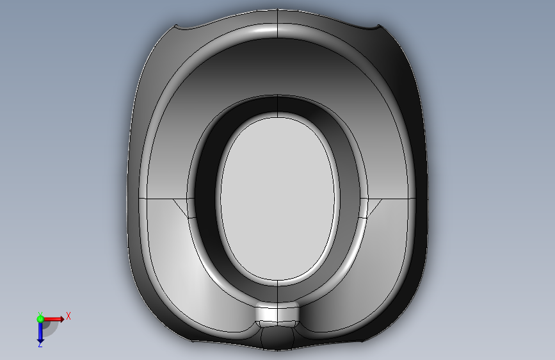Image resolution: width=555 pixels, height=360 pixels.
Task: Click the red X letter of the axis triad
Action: pos(68,316)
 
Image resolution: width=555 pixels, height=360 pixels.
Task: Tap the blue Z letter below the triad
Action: pos(40,344)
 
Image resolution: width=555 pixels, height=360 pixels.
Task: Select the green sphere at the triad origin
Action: pos(40,319)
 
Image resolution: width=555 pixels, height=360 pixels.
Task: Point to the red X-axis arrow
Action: pos(54,319)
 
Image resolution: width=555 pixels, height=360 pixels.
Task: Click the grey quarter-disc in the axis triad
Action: pos(49,328)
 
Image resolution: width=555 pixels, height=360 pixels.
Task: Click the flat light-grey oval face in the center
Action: pos(278,199)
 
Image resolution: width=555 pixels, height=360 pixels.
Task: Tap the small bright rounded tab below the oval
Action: pos(277,314)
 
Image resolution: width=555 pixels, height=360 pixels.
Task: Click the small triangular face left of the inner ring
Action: pos(182,206)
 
